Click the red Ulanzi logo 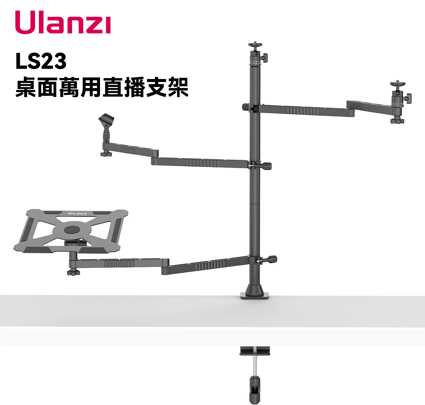(x=63, y=22)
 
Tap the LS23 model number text (x=41, y=61)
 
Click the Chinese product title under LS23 (x=102, y=87)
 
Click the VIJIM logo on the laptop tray (x=77, y=214)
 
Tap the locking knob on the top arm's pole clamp (x=246, y=107)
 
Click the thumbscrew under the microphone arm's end (x=106, y=154)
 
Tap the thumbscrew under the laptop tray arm (x=73, y=273)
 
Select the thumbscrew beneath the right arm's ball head (x=397, y=121)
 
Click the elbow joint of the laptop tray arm (x=165, y=267)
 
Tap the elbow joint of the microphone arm (x=155, y=157)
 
